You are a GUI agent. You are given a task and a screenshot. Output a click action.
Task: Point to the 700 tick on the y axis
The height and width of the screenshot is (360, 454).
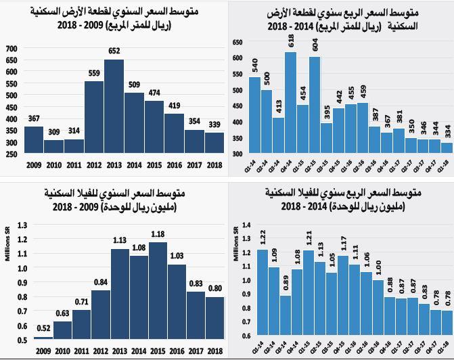click(x=11, y=49)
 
